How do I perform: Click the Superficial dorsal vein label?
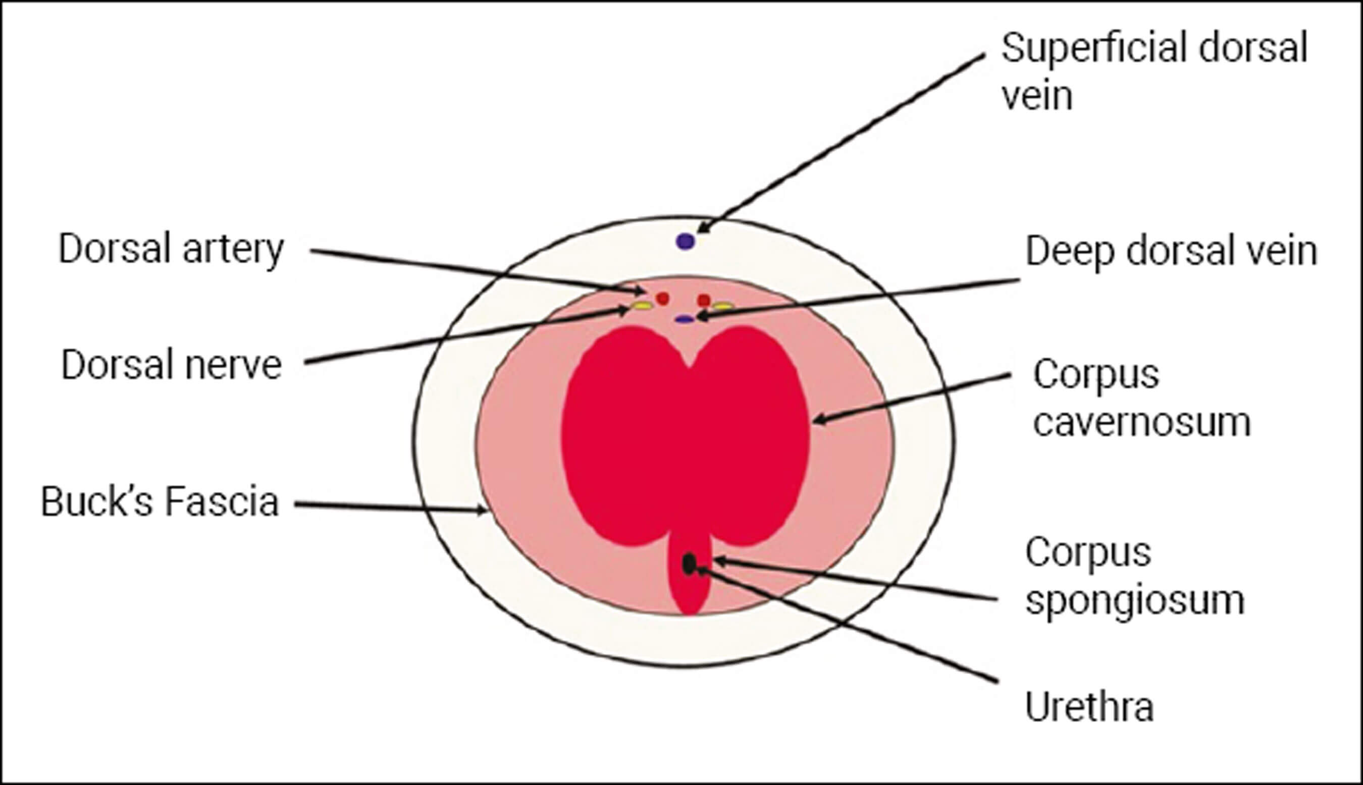[x=1155, y=72]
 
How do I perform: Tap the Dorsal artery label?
[x=171, y=249]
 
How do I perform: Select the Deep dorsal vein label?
[x=1171, y=251]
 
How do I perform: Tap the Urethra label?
[x=1089, y=707]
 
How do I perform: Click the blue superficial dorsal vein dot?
[x=686, y=241]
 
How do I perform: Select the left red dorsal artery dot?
[x=662, y=298]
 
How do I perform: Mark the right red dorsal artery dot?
[x=704, y=300]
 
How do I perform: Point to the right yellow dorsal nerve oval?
[x=723, y=306]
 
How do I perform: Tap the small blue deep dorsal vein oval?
[x=685, y=319]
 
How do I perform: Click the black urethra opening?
[x=689, y=564]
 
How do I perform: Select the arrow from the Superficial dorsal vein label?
[x=842, y=143]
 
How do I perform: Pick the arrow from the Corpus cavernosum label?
[x=912, y=398]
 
